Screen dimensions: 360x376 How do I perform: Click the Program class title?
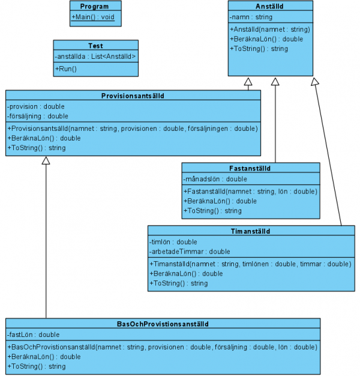[x=94, y=7]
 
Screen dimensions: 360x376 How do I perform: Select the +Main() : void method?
[x=93, y=17]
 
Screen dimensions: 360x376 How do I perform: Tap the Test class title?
[x=95, y=46]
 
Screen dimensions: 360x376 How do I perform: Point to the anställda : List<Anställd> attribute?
[x=95, y=56]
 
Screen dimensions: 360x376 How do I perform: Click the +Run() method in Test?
[x=66, y=69]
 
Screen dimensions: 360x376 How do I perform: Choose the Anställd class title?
[x=269, y=7]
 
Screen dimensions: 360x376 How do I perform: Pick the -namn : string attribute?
[x=251, y=17]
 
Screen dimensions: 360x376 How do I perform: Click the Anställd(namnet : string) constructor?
[x=270, y=29]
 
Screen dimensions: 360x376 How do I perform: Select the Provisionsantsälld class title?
[x=133, y=96]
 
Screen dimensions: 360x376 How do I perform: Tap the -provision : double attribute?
[x=36, y=106]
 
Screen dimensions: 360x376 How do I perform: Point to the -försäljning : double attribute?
[x=38, y=117]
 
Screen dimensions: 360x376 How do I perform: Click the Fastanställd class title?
[x=250, y=168]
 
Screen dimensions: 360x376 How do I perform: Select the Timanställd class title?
[x=251, y=231]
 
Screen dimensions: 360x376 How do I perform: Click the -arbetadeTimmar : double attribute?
[x=190, y=252]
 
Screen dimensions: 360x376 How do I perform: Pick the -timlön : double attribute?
[x=173, y=242]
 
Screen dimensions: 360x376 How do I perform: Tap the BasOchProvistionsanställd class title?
[x=163, y=324]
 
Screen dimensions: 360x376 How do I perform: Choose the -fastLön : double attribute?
[x=34, y=335]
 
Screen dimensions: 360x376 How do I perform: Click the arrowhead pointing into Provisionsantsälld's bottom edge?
[x=46, y=160]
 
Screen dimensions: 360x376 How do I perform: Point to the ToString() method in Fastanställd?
[x=212, y=211]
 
